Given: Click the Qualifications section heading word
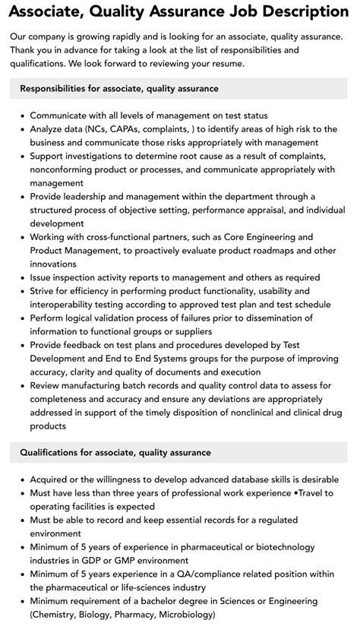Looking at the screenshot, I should click(x=53, y=452).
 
